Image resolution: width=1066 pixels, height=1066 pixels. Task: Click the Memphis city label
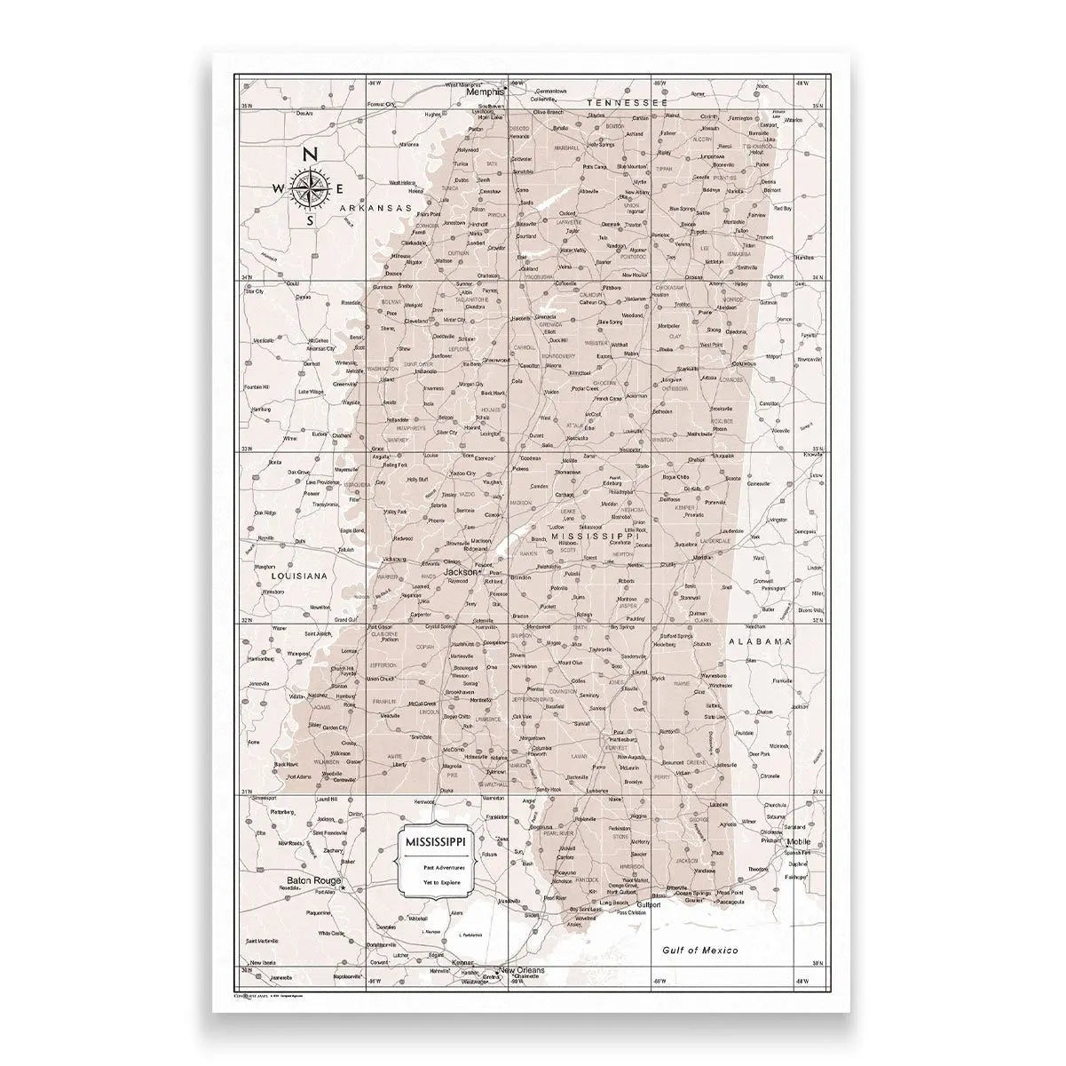(x=485, y=91)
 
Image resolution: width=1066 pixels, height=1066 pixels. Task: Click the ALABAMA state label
(x=759, y=640)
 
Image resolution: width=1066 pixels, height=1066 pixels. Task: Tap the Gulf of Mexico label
(x=701, y=950)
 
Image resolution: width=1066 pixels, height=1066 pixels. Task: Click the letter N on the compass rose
(x=310, y=155)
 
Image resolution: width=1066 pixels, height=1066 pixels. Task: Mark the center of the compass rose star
(x=310, y=187)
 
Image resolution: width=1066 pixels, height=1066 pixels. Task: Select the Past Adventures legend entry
(x=441, y=865)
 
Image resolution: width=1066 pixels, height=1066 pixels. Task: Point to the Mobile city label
(x=798, y=840)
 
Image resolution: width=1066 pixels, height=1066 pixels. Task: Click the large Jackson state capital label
(x=460, y=572)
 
